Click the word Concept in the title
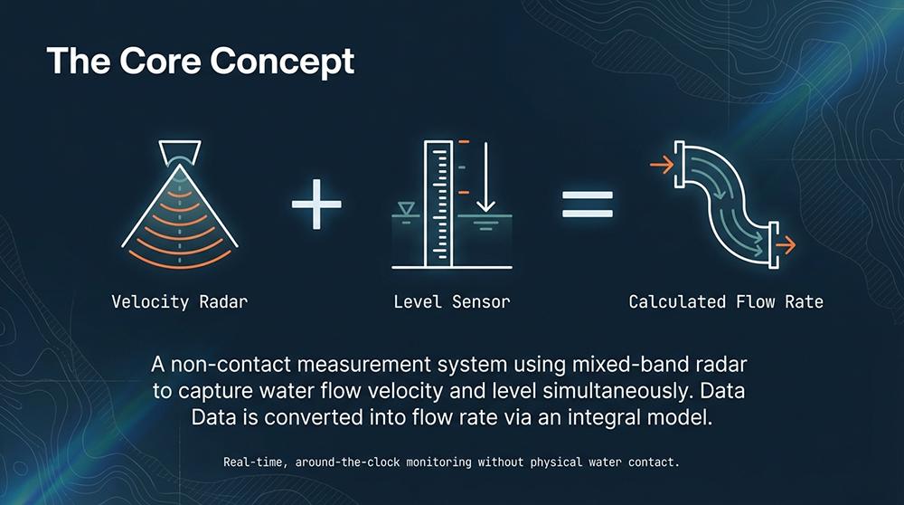282,62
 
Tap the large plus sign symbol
316,205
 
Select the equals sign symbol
588,205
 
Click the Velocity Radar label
179,302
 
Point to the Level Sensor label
452,302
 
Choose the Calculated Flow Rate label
726,302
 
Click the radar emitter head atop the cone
180,152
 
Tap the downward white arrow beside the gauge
486,177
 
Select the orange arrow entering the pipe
662,165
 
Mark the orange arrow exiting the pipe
786,245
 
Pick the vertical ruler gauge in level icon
438,204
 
